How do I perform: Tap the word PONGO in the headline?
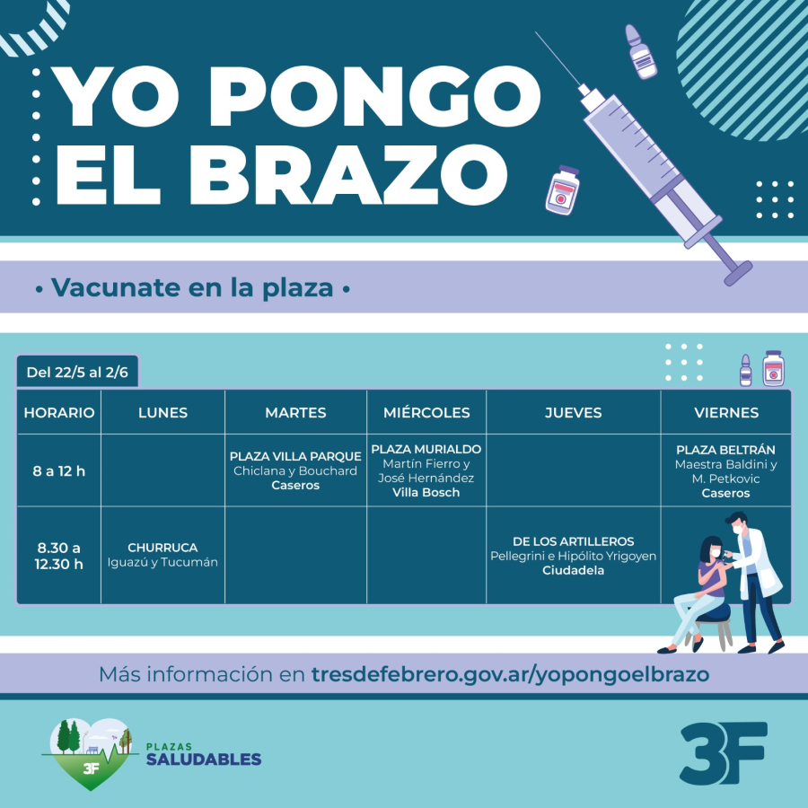(x=374, y=96)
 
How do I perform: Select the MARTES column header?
(x=295, y=413)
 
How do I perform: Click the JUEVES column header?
(x=573, y=413)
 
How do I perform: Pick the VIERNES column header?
(x=726, y=413)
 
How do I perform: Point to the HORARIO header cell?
(x=59, y=413)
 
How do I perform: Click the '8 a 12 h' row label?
(x=58, y=471)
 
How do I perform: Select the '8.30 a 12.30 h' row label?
(x=58, y=556)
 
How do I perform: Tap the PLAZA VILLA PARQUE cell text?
(x=295, y=470)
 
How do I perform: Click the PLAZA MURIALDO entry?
(x=426, y=470)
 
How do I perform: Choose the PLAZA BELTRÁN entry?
(x=725, y=471)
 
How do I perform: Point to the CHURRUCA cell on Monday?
(x=162, y=555)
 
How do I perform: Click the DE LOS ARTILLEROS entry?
(x=573, y=556)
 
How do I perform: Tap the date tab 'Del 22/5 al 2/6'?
(x=77, y=372)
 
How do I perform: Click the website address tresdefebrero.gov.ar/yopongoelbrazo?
(x=510, y=674)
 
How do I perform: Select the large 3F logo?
(x=724, y=753)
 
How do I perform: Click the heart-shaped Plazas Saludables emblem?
(x=90, y=753)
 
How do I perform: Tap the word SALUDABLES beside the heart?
(x=204, y=759)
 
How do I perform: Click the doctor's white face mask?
(x=739, y=529)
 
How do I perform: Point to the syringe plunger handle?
(x=738, y=273)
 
